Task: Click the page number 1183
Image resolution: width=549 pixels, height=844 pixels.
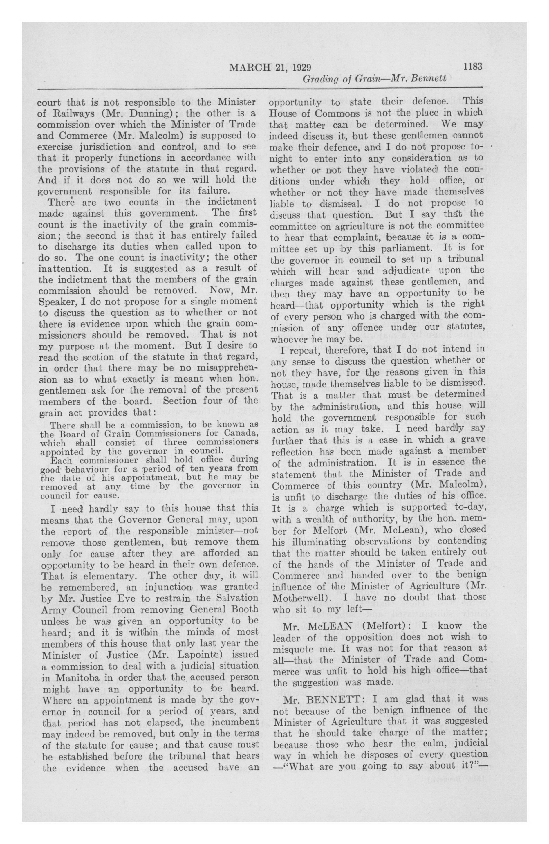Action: [x=472, y=67]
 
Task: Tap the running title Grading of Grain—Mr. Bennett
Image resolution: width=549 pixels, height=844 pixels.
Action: [x=374, y=78]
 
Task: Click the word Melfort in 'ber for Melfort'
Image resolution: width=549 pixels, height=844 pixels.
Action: [x=316, y=531]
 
